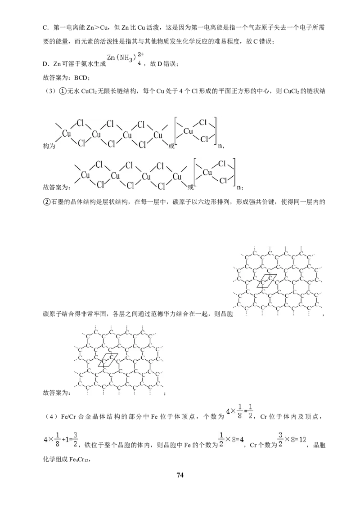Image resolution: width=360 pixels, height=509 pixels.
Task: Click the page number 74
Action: tap(180, 475)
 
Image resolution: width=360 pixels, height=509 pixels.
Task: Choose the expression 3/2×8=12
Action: tap(292, 440)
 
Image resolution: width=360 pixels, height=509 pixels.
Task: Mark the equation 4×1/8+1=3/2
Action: tap(61, 440)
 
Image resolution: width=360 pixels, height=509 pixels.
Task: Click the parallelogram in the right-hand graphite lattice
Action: tap(266, 281)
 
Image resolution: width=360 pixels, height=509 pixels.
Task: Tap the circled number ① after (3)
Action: tap(63, 91)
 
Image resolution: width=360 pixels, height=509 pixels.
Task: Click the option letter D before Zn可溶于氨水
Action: tap(45, 64)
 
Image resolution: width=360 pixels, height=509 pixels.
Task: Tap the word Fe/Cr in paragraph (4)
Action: tap(68, 416)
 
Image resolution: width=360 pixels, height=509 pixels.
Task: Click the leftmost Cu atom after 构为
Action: tap(67, 134)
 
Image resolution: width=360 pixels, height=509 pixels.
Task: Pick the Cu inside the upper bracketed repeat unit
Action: tap(189, 131)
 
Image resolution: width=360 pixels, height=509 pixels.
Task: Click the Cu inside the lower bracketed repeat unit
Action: tap(207, 172)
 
